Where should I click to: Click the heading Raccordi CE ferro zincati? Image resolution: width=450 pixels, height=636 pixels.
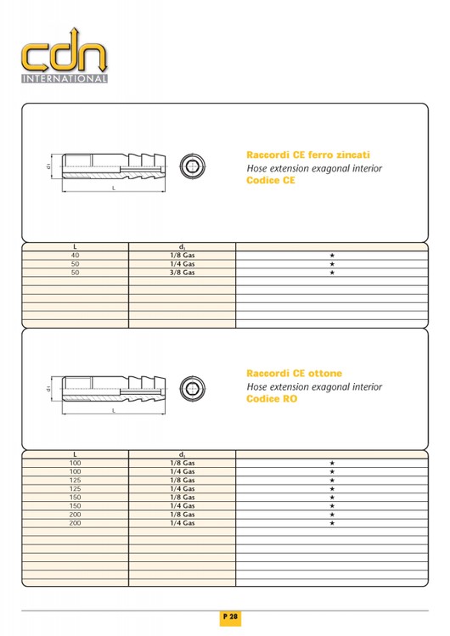[x=308, y=155]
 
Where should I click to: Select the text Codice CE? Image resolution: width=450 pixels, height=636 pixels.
[x=271, y=180]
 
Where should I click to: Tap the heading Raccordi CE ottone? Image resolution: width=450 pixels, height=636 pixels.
[x=295, y=373]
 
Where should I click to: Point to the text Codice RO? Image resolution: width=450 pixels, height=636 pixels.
[x=272, y=399]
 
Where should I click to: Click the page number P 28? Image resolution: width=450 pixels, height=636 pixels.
[x=230, y=617]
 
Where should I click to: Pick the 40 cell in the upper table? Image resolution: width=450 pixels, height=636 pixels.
[x=75, y=255]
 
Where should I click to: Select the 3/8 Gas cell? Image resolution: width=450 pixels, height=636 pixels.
[x=182, y=273]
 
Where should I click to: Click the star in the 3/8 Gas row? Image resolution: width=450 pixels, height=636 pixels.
[x=332, y=273]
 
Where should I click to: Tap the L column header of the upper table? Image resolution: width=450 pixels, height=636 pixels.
[x=75, y=246]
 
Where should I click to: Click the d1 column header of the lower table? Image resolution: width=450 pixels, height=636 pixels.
[x=182, y=454]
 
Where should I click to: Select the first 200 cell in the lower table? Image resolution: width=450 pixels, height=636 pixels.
[x=75, y=515]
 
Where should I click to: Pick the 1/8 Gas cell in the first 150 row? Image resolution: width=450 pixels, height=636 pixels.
[x=182, y=498]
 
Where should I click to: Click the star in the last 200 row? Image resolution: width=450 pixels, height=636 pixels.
[x=332, y=523]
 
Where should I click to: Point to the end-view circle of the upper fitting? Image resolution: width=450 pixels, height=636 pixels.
[x=193, y=166]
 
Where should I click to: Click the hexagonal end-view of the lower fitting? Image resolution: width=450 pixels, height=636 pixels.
[x=193, y=389]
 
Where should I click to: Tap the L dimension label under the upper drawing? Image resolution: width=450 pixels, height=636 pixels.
[x=114, y=189]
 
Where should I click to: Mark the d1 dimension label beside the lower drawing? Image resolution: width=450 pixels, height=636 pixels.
[x=48, y=389]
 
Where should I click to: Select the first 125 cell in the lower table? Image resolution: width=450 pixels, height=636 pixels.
[x=75, y=481]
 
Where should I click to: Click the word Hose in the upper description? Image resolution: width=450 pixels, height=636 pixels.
[x=256, y=168]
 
